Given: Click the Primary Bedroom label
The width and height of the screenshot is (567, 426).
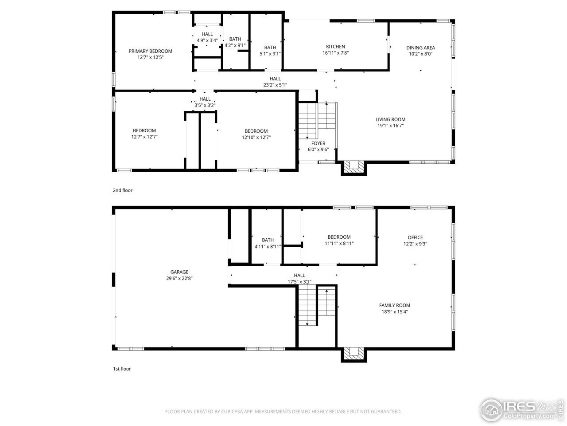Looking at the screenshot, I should tap(150, 51).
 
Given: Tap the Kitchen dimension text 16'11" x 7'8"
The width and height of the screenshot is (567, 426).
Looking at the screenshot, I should tap(335, 53).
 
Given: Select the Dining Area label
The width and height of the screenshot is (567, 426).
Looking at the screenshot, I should tap(420, 47).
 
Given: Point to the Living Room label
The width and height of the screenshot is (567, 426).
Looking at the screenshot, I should tap(390, 119).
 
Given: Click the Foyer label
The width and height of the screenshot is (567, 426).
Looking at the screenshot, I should tap(318, 143).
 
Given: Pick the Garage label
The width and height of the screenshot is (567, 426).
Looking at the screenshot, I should tap(179, 272).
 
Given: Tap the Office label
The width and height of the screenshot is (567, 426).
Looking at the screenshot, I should tap(415, 237).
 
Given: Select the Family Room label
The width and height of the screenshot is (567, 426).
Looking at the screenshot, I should tap(394, 305).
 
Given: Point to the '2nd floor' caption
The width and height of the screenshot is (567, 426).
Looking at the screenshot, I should tap(122, 190).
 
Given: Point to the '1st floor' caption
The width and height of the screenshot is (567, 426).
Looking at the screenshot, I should tap(121, 369).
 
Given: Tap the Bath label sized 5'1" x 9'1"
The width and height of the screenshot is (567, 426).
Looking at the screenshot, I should tap(270, 47).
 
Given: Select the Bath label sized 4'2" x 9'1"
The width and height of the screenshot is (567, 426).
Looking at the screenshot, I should tap(235, 39).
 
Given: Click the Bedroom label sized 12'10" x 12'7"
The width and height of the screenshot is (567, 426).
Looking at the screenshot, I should tap(256, 131).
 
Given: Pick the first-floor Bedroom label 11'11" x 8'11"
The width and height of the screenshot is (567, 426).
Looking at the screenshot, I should tap(339, 237).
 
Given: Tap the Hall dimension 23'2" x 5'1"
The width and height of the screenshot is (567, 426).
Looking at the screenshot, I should tap(275, 85).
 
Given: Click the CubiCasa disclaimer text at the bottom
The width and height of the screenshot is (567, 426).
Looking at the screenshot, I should tap(283, 411).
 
